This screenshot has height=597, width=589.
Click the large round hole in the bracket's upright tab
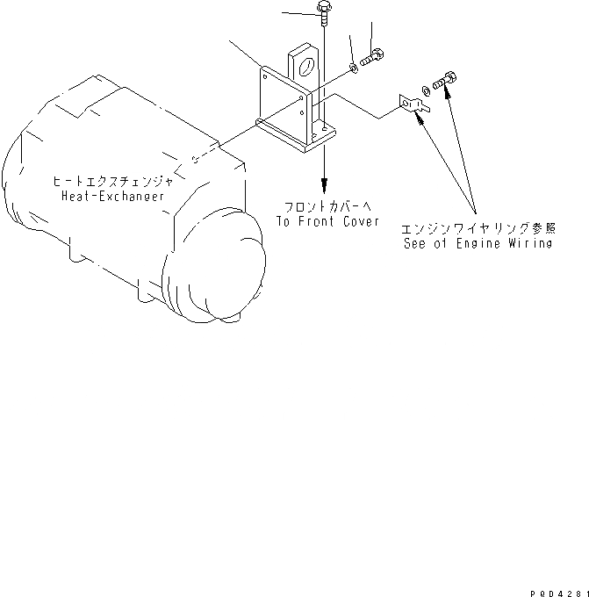[x=304, y=65]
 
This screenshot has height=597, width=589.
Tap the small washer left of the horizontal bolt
[x=353, y=67]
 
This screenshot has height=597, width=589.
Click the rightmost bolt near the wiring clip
[x=447, y=81]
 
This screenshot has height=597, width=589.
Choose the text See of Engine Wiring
[x=478, y=243]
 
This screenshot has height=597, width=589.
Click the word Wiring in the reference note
[x=530, y=243]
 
